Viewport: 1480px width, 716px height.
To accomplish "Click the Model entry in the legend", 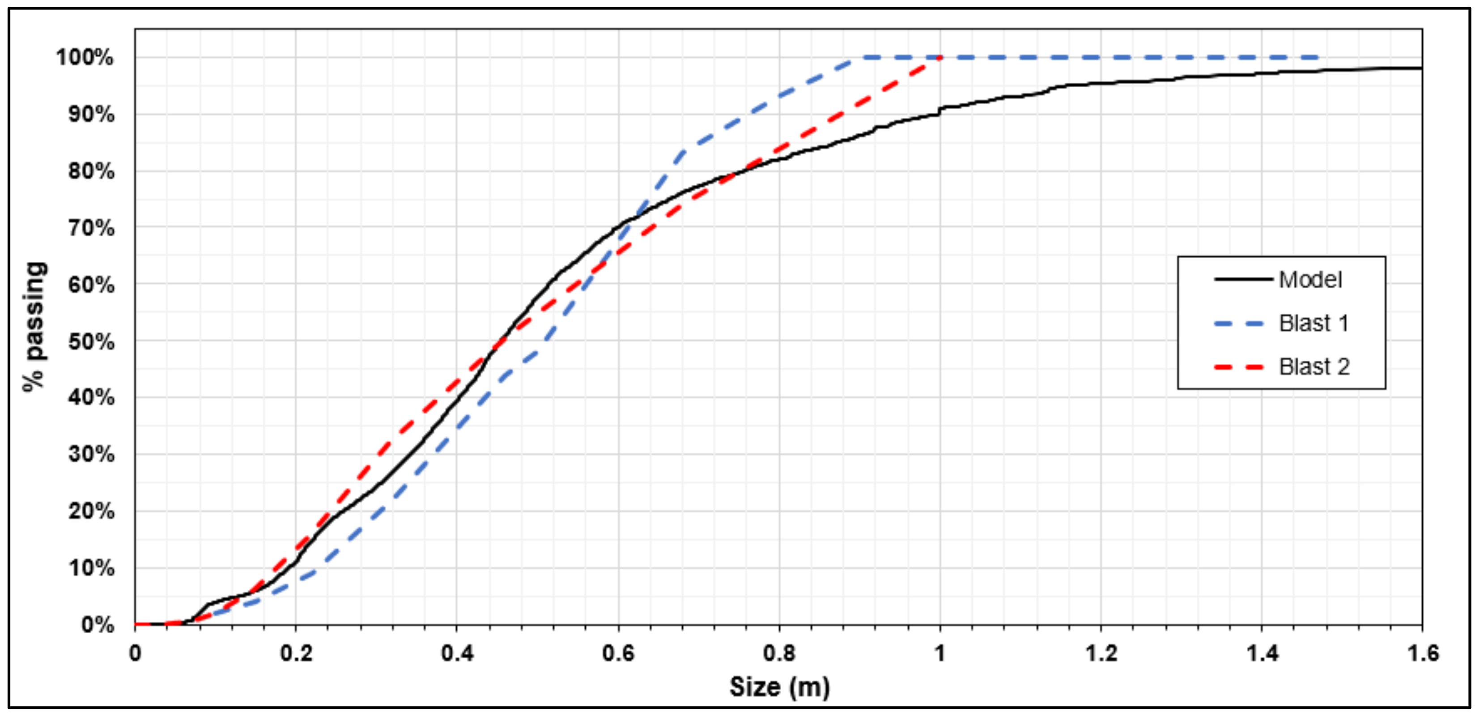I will pyautogui.click(x=1310, y=280).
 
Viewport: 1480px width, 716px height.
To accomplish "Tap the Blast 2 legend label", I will pyautogui.click(x=1314, y=367).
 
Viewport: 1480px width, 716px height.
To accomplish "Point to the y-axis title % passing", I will pyautogui.click(x=34, y=326).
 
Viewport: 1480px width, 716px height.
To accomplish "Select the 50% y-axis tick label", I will pyautogui.click(x=91, y=341).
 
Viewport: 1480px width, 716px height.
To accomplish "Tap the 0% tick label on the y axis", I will pyautogui.click(x=98, y=625).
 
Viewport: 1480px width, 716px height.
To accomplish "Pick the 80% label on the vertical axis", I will pyautogui.click(x=91, y=171).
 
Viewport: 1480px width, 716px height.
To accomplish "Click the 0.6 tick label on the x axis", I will pyautogui.click(x=618, y=653).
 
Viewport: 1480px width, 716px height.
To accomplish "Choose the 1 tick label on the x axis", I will pyautogui.click(x=940, y=653).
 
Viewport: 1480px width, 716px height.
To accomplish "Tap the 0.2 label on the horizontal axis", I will pyautogui.click(x=296, y=653).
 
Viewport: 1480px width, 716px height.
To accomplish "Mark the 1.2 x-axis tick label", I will pyautogui.click(x=1101, y=653).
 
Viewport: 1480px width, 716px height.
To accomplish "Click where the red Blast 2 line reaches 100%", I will pyautogui.click(x=940, y=57).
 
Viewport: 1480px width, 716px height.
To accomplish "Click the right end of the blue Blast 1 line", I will pyautogui.click(x=1319, y=57).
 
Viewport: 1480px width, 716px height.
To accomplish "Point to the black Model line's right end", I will pyautogui.click(x=1421, y=68).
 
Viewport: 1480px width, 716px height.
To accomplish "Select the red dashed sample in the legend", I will pyautogui.click(x=1239, y=367).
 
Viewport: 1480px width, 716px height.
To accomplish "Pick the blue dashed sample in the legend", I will pyautogui.click(x=1239, y=324).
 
